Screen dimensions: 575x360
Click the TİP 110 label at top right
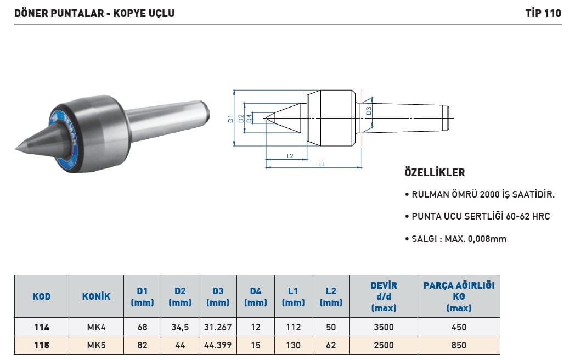[x=543, y=13]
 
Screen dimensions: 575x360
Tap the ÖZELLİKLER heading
[x=435, y=172]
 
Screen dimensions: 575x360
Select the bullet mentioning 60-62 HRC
[x=477, y=217]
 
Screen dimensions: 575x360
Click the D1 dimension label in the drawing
[x=230, y=119]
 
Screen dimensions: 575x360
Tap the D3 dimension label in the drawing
[x=369, y=110]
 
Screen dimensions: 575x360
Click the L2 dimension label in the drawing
[x=290, y=156]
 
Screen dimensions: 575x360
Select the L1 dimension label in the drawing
[x=321, y=164]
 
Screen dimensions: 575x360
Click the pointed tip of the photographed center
[x=16, y=149]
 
